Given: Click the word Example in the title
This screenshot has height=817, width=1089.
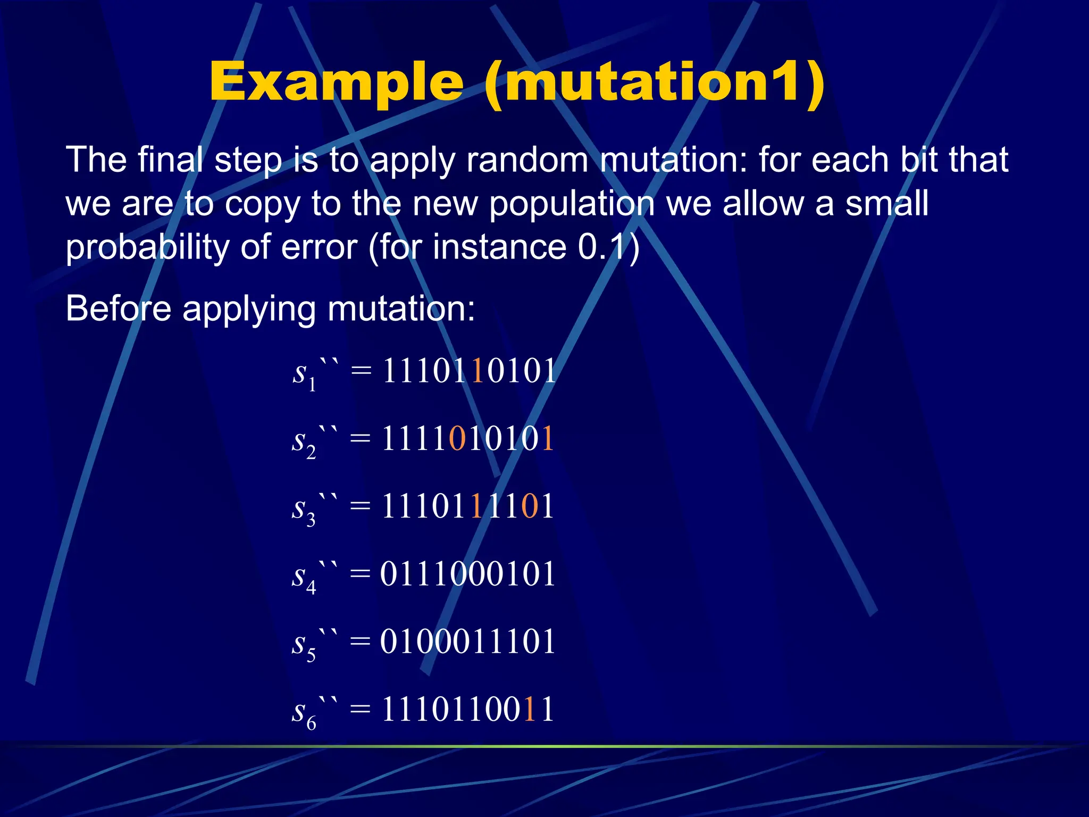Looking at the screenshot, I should click(x=336, y=82).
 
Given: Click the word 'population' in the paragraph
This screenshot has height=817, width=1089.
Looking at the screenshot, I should click(x=572, y=204).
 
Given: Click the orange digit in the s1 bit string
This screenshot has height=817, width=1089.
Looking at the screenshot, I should click(x=477, y=371).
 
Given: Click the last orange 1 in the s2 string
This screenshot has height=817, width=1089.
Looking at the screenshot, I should click(x=547, y=439).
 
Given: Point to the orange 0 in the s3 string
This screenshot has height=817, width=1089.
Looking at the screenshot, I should click(x=530, y=506).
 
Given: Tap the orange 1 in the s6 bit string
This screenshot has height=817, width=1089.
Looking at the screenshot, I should click(x=529, y=709).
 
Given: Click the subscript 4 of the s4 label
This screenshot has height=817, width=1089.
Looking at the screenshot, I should click(x=311, y=588).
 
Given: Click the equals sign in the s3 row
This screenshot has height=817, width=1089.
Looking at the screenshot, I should click(x=360, y=506).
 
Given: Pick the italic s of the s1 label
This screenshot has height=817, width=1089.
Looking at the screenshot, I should click(x=299, y=372).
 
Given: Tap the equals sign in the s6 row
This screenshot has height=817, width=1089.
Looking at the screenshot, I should click(x=360, y=709).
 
